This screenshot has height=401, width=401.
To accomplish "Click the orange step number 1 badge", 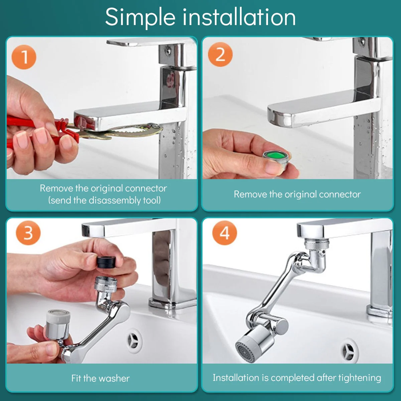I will pos(24,57).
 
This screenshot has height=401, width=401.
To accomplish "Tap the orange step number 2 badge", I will pos(220,54).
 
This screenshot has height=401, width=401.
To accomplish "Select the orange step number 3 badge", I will pos(28,233).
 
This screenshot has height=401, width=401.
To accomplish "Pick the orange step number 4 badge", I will pos(224,233).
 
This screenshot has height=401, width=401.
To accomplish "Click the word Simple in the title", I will pos(140,17).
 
